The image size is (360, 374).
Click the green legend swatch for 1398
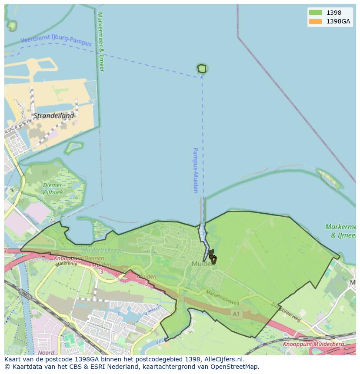click(315, 13)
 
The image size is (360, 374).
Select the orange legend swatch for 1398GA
click(315, 21)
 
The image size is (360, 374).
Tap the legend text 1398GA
click(339, 21)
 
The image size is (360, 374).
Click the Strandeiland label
click(54, 116)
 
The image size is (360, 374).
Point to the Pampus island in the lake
click(202, 69)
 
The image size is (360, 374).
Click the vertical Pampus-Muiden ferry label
click(196, 170)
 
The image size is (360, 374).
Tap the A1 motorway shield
click(236, 313)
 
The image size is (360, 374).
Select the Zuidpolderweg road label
click(285, 312)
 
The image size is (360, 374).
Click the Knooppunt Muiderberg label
click(313, 344)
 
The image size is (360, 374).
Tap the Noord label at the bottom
click(46, 353)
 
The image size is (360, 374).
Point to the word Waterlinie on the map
click(66, 263)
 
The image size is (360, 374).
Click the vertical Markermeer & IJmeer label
click(101, 42)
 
